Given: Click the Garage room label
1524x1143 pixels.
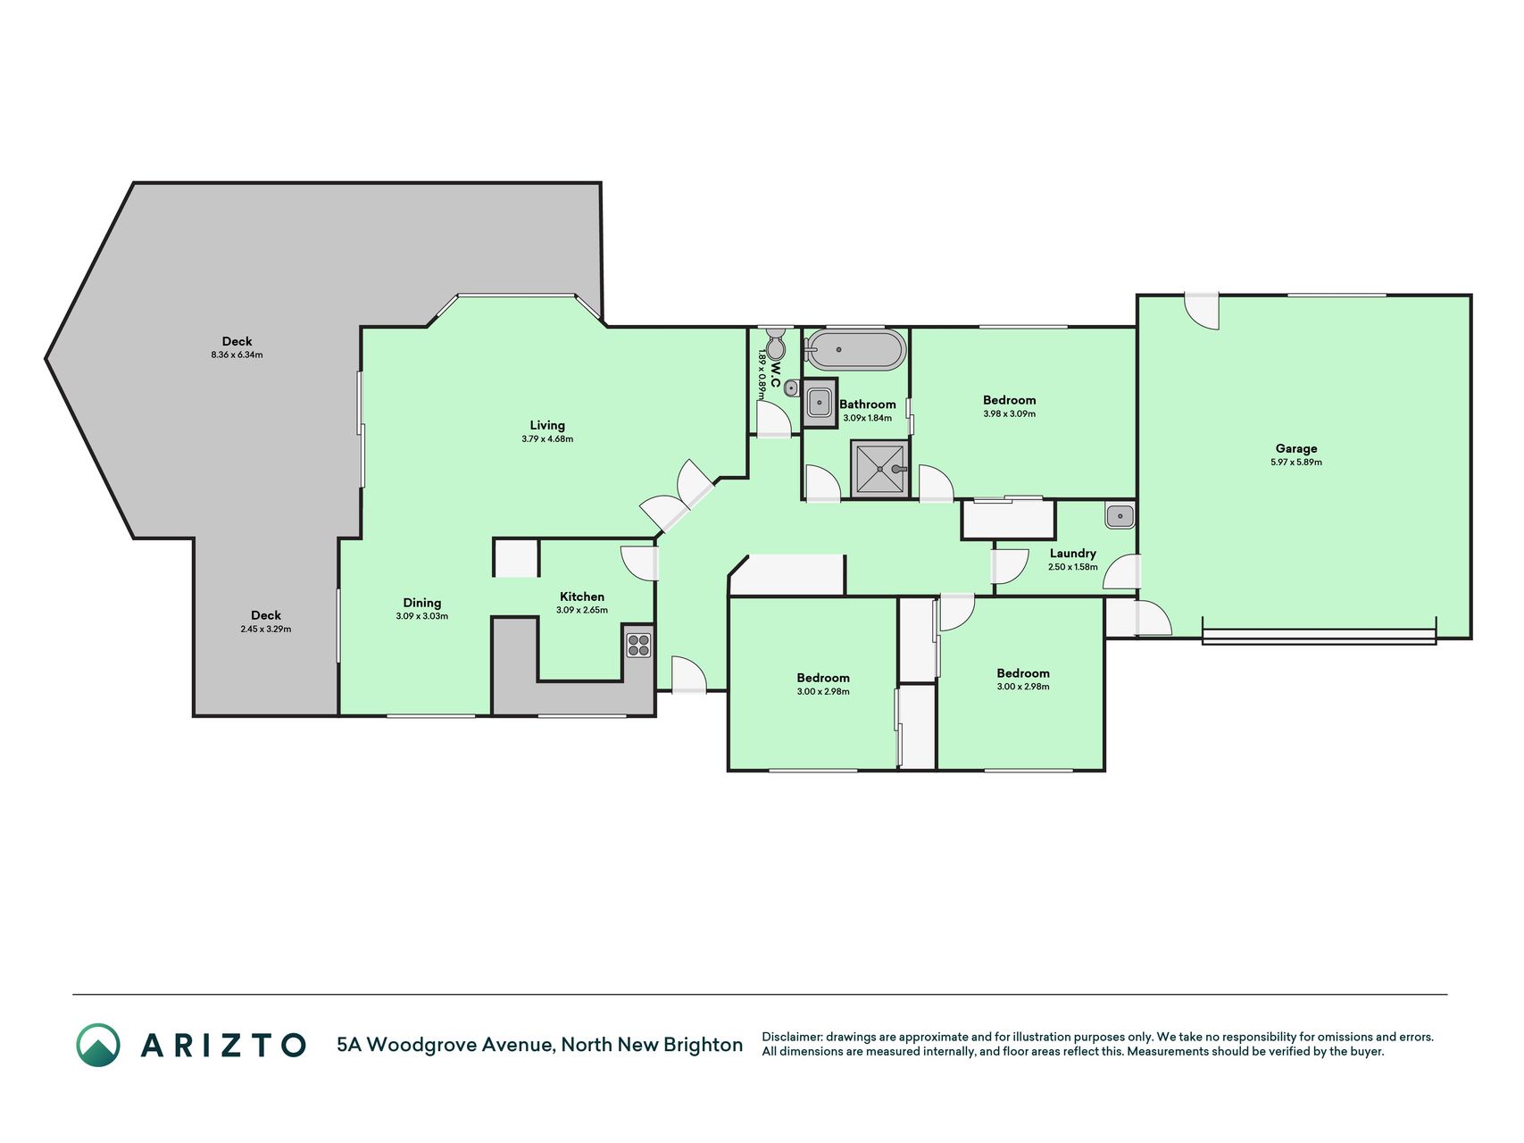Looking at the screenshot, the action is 1295,449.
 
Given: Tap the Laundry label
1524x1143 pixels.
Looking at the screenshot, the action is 1072,554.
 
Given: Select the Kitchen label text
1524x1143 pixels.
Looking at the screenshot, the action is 582,597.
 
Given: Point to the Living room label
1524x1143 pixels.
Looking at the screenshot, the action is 547,426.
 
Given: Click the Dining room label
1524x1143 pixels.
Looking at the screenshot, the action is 422,603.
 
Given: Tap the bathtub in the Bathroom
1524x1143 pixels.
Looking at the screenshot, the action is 854,350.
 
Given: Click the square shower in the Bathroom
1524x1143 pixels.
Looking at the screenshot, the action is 879,468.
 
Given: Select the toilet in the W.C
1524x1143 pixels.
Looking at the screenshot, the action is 776,344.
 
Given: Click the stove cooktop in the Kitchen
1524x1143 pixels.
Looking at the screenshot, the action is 638,645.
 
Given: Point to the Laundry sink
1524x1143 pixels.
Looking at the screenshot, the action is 1120,516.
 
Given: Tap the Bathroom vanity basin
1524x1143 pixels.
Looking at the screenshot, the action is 820,403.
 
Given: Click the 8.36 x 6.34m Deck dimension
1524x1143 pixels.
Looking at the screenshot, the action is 237,355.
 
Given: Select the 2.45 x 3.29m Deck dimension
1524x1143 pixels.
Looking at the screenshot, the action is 266,630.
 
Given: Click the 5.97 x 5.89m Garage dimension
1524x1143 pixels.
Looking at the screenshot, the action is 1296,463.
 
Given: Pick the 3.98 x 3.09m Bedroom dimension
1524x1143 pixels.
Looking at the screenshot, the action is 1010,414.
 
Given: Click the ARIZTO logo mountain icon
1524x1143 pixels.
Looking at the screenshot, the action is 98,1045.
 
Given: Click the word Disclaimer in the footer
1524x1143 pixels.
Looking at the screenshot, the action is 791,1037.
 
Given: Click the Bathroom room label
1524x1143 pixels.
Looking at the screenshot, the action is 868,405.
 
